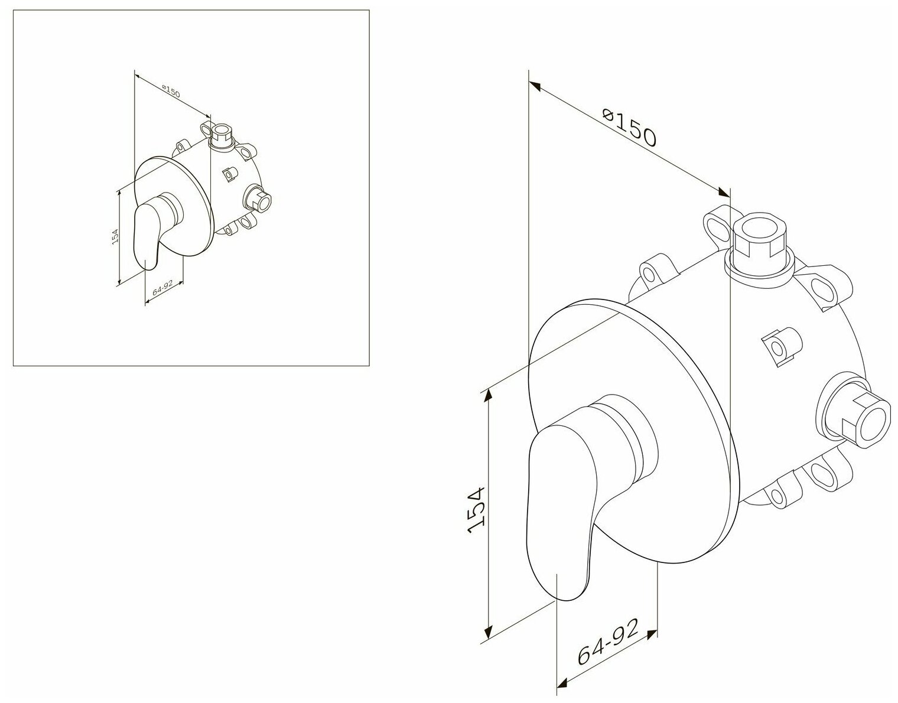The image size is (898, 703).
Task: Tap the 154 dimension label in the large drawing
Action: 476,510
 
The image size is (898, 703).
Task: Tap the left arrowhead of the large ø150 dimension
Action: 535,86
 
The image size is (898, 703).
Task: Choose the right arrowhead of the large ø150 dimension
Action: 724,192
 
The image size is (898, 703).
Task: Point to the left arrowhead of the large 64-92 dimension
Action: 563,684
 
